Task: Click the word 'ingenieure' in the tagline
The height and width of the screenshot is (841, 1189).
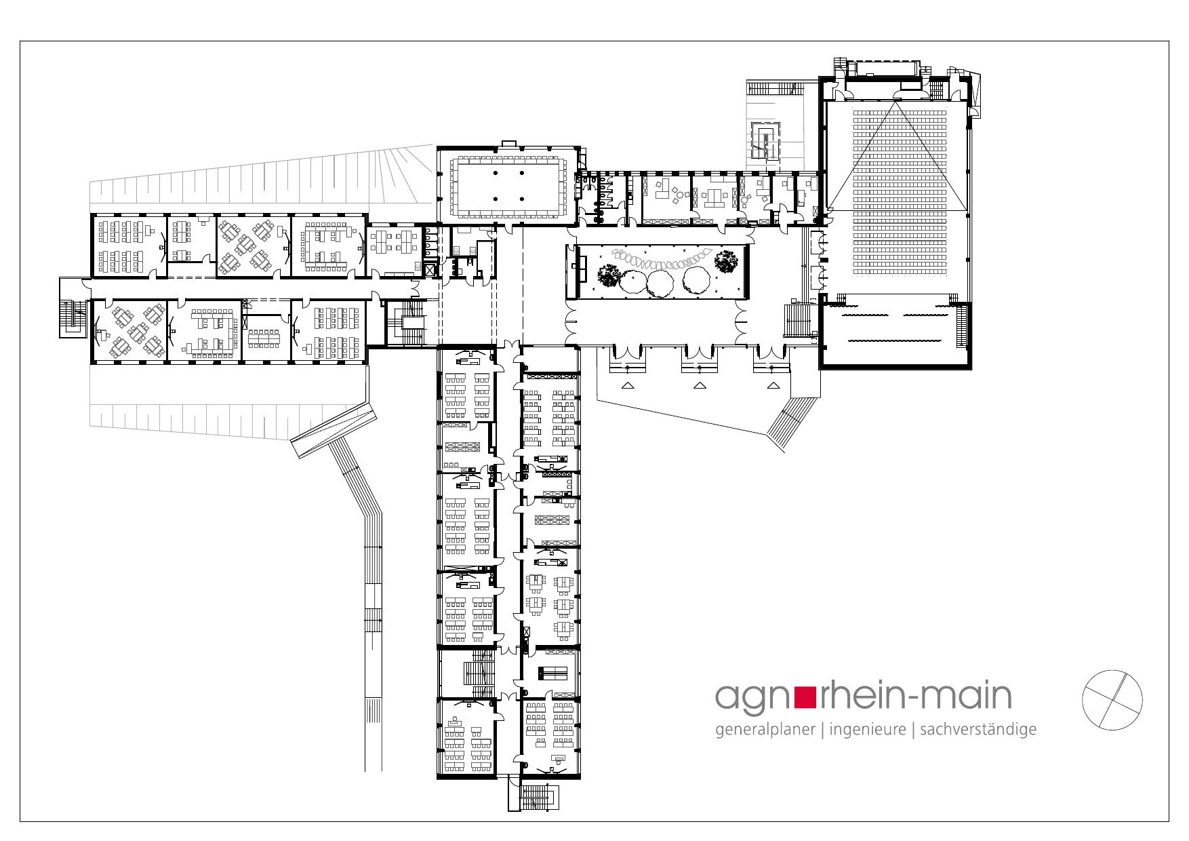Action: pos(867,730)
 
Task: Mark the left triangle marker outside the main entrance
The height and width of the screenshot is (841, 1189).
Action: pos(628,385)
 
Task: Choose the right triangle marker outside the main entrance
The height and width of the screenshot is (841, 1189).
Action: pos(773,385)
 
